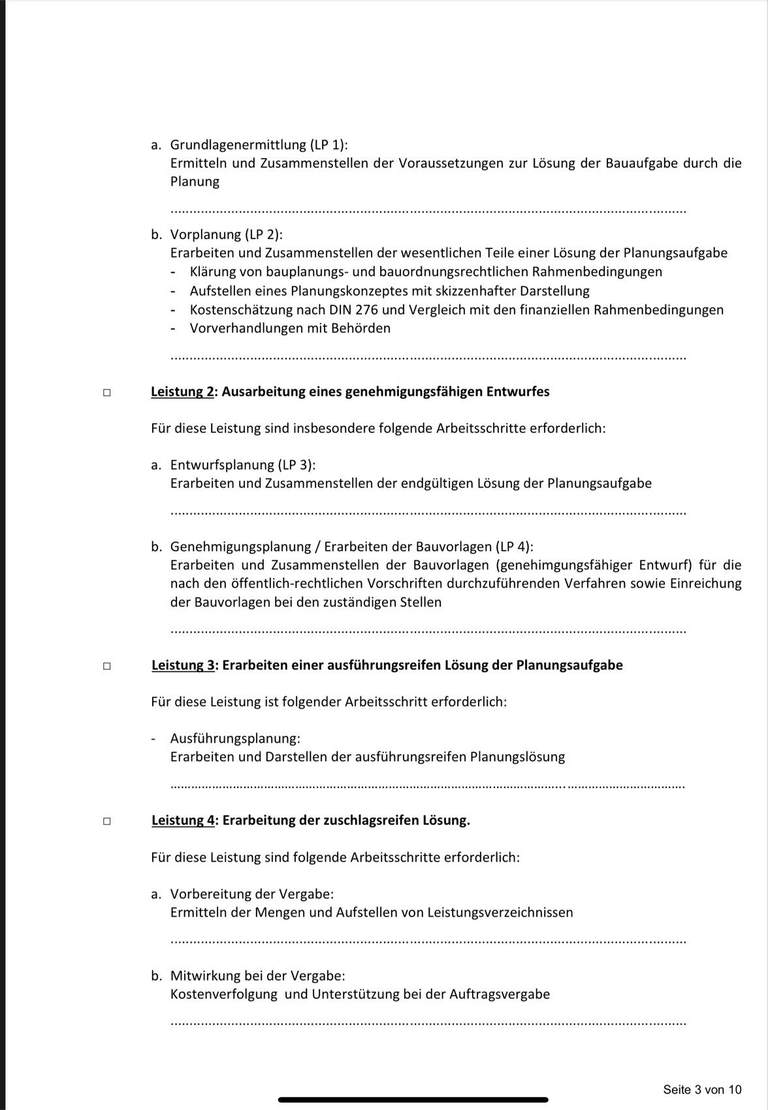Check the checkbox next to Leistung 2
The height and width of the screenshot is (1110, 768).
(106, 393)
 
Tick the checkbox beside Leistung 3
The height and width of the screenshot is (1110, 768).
(106, 667)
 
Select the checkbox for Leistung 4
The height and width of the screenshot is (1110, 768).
(106, 821)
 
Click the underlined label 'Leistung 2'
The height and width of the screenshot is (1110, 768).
(182, 392)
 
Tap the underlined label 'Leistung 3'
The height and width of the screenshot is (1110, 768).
(183, 665)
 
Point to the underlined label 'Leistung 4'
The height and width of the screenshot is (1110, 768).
(183, 821)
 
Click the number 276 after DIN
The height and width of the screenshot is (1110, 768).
(366, 309)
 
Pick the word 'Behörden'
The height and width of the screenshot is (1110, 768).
(360, 328)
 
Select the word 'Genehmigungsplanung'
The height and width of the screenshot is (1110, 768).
(238, 547)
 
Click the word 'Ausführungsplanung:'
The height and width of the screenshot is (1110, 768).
(235, 738)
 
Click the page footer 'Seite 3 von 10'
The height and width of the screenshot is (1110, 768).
(702, 1090)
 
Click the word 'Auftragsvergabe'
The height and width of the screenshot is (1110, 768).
(500, 994)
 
